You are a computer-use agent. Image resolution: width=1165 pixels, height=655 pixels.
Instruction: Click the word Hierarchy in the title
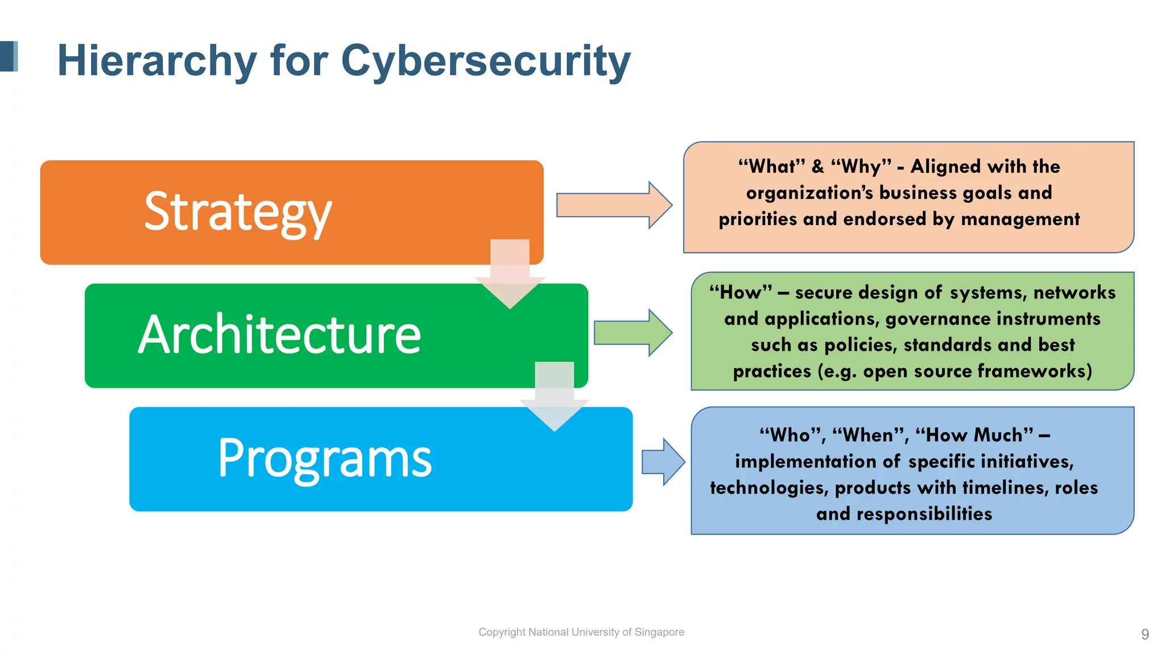point(157,61)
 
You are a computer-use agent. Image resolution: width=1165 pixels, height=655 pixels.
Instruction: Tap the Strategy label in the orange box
point(238,212)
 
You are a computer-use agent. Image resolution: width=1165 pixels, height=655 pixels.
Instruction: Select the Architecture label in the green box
point(279,335)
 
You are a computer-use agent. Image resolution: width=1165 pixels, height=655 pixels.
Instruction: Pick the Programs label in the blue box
point(325,458)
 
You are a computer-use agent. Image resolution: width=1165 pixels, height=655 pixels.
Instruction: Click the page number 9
point(1145,634)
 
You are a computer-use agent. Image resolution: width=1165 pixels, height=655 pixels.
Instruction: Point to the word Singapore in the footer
point(659,632)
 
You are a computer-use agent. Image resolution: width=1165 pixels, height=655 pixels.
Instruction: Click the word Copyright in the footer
point(502,632)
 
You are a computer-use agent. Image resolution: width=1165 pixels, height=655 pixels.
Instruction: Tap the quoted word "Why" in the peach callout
point(861,167)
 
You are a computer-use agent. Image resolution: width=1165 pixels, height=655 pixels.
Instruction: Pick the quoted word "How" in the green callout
point(741,293)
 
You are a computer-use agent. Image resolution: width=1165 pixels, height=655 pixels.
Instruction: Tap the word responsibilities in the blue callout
point(924,514)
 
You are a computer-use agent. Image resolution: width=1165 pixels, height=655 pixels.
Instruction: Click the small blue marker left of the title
point(9,56)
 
